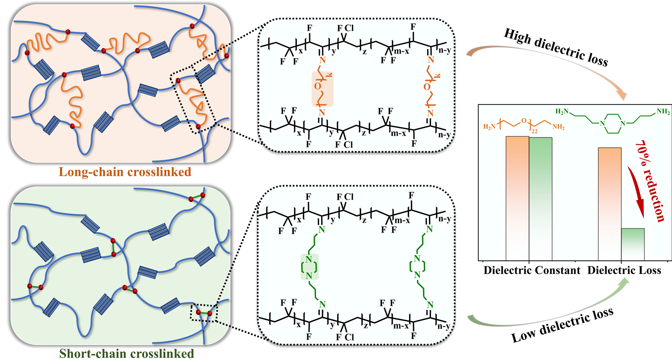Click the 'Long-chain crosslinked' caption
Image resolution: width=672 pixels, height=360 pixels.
[x=125, y=172]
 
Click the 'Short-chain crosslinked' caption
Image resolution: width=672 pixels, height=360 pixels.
[x=126, y=353]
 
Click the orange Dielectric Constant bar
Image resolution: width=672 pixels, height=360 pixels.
[x=517, y=198]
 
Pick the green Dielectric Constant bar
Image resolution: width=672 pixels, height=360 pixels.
[x=540, y=199]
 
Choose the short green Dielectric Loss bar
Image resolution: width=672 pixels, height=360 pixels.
[x=633, y=244]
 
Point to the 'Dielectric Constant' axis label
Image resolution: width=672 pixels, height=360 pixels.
[x=532, y=271]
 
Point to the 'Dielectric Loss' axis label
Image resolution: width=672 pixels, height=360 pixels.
[x=624, y=271]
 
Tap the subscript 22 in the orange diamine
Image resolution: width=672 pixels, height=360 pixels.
[x=535, y=131]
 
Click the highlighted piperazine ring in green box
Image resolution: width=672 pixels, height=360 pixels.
[x=309, y=267]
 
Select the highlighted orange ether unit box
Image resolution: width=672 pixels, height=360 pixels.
[x=322, y=89]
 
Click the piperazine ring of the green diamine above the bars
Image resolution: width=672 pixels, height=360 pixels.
[x=613, y=123]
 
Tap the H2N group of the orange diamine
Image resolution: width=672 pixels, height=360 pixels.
[x=489, y=127]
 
